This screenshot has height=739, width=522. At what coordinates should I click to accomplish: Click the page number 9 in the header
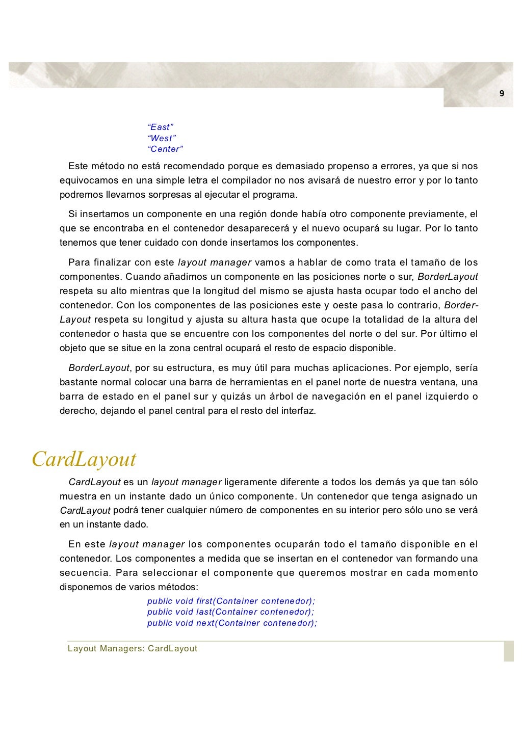502,93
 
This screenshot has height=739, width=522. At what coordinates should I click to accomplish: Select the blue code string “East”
161,127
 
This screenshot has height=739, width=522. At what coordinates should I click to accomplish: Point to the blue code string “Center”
165,149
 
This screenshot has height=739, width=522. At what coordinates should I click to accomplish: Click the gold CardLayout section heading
84,459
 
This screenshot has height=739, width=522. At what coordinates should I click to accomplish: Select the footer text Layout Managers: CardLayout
133,649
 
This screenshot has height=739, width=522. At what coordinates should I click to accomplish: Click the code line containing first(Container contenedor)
231,601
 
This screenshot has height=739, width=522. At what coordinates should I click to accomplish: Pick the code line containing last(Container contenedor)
230,612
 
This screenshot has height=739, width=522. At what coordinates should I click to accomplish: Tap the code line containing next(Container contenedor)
232,623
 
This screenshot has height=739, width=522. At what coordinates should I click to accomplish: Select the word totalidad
369,320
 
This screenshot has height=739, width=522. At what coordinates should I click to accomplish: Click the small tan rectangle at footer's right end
509,651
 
